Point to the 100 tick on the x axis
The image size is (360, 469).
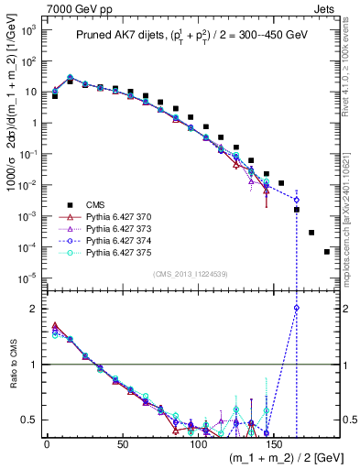[197, 443]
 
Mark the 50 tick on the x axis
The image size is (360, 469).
[122, 443]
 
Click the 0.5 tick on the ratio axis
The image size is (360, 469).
[32, 420]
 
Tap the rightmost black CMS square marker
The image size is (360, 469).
[327, 252]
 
